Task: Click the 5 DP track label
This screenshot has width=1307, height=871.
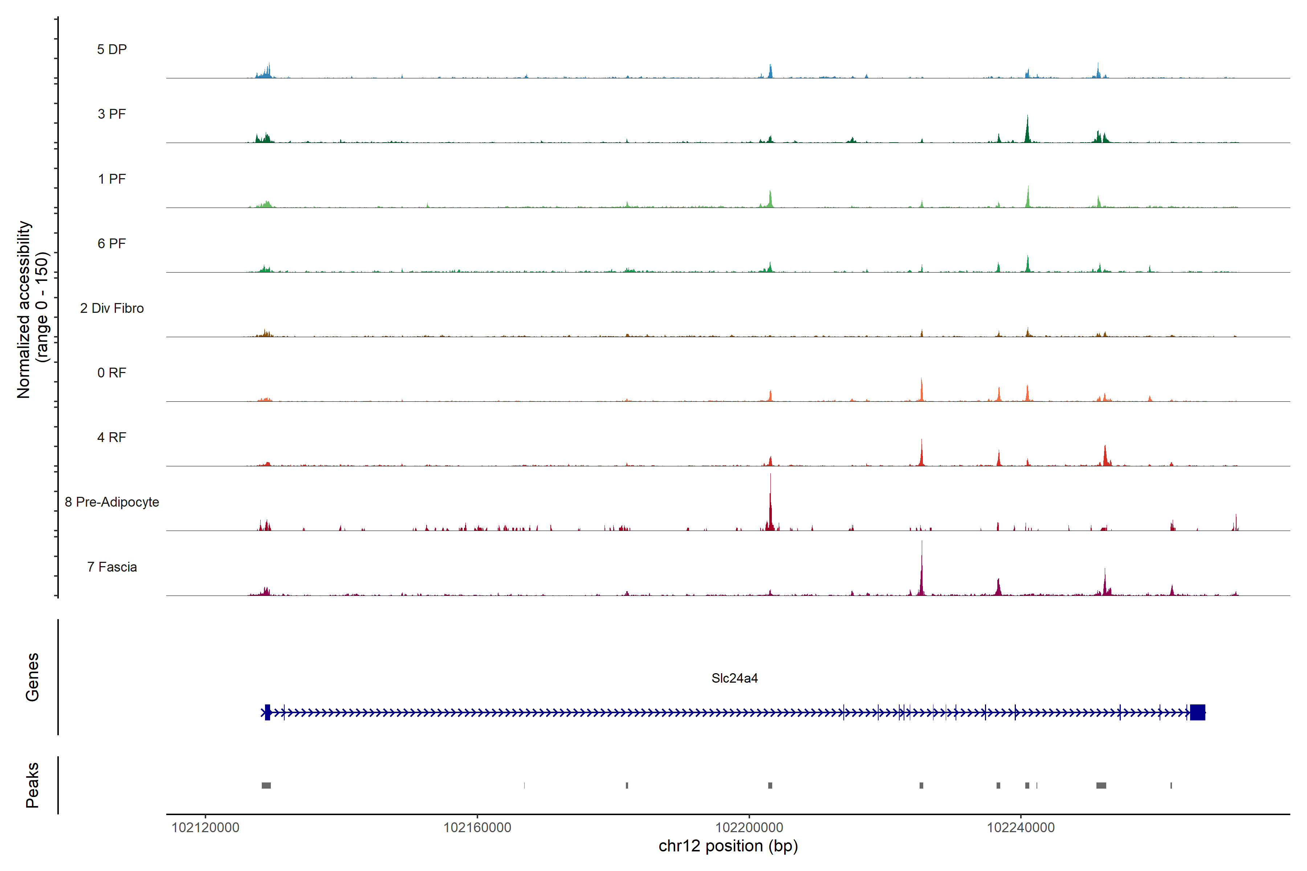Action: pyautogui.click(x=112, y=49)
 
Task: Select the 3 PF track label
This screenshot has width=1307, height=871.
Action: pyautogui.click(x=112, y=114)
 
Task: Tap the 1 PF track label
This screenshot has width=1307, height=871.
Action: pyautogui.click(x=112, y=179)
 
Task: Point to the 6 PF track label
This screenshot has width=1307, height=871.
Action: pyautogui.click(x=112, y=243)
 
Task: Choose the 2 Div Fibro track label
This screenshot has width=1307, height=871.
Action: pyautogui.click(x=112, y=308)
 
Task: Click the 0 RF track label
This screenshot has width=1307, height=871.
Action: pyautogui.click(x=112, y=373)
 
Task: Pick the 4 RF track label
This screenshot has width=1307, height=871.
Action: pyautogui.click(x=112, y=437)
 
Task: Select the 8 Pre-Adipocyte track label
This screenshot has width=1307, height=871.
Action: pyautogui.click(x=112, y=502)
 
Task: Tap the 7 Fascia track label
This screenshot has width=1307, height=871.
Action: pyautogui.click(x=112, y=567)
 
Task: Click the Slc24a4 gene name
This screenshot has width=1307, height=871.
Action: pyautogui.click(x=734, y=678)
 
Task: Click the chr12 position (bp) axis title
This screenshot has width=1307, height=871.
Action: pyautogui.click(x=728, y=846)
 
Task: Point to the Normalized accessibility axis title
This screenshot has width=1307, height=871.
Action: pyautogui.click(x=24, y=310)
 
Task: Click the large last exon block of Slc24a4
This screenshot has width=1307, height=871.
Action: pyautogui.click(x=1197, y=712)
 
